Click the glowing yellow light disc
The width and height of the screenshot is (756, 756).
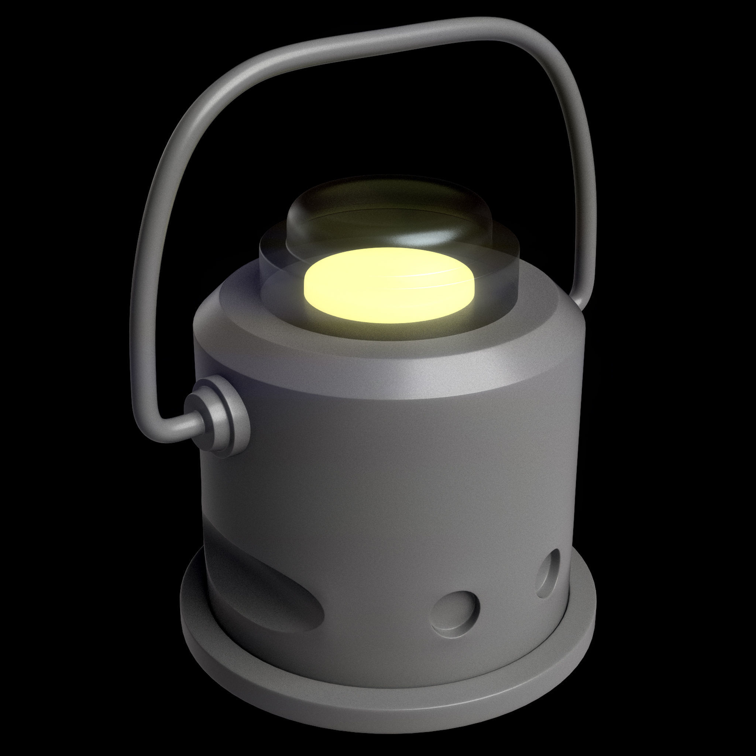point(389,286)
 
